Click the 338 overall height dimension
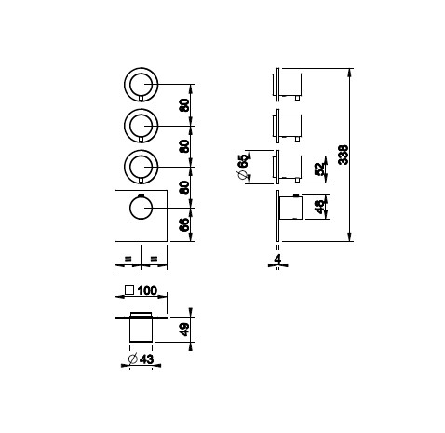point(344,155)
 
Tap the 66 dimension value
point(184,224)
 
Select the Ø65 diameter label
point(243,167)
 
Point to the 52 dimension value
point(319,169)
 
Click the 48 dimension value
point(319,207)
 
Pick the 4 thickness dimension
point(278,259)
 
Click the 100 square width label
point(147,291)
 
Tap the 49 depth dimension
point(184,330)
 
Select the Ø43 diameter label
point(142,359)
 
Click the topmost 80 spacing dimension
point(184,105)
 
